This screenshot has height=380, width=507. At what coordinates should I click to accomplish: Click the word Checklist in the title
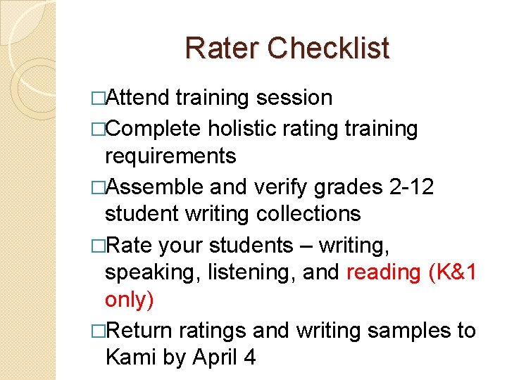[x=328, y=48]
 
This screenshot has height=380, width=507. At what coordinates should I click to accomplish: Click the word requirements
[x=170, y=155]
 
